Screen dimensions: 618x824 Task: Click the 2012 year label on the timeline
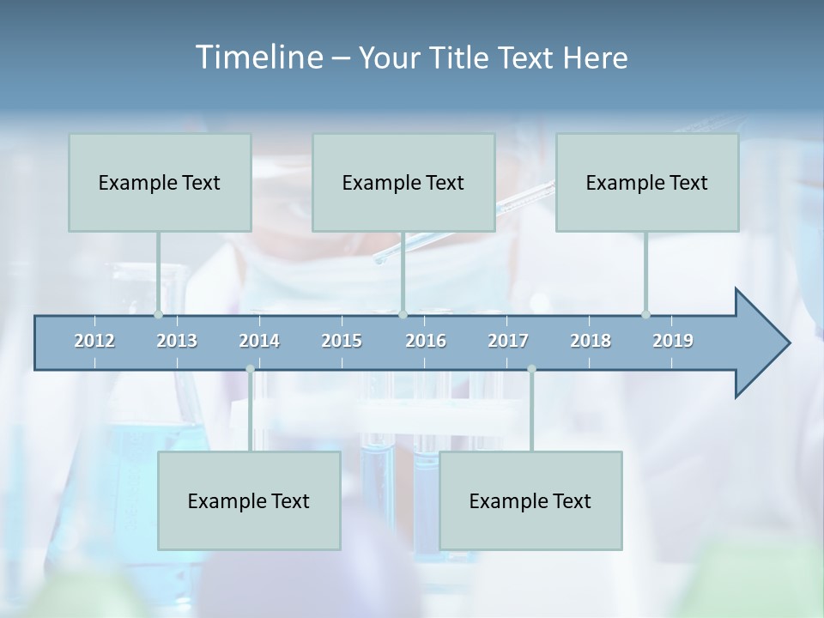94,341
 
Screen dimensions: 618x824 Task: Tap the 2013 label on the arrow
177,341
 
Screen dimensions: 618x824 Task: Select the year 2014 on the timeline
259,341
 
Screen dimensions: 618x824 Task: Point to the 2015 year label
342,341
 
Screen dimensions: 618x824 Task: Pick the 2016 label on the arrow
426,341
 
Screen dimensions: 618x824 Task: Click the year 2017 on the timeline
508,341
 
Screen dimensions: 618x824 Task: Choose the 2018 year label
591,341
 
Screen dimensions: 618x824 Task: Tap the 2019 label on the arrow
673,341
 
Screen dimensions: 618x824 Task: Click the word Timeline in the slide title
257,58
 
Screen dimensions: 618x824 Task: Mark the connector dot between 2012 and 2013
158,314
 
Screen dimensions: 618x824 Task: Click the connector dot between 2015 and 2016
403,314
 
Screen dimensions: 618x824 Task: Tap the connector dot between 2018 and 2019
645,314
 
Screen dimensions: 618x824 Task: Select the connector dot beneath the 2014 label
250,369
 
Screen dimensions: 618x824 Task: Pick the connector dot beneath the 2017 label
531,369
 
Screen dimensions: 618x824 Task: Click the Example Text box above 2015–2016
403,182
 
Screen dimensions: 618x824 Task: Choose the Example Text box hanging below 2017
530,500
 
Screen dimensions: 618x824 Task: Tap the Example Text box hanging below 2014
249,500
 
